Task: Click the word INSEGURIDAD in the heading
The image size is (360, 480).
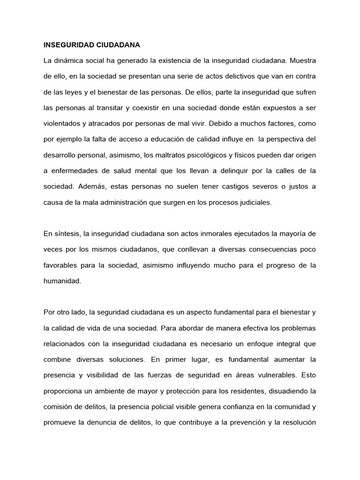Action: (65, 45)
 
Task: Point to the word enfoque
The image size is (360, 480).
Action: (248, 344)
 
